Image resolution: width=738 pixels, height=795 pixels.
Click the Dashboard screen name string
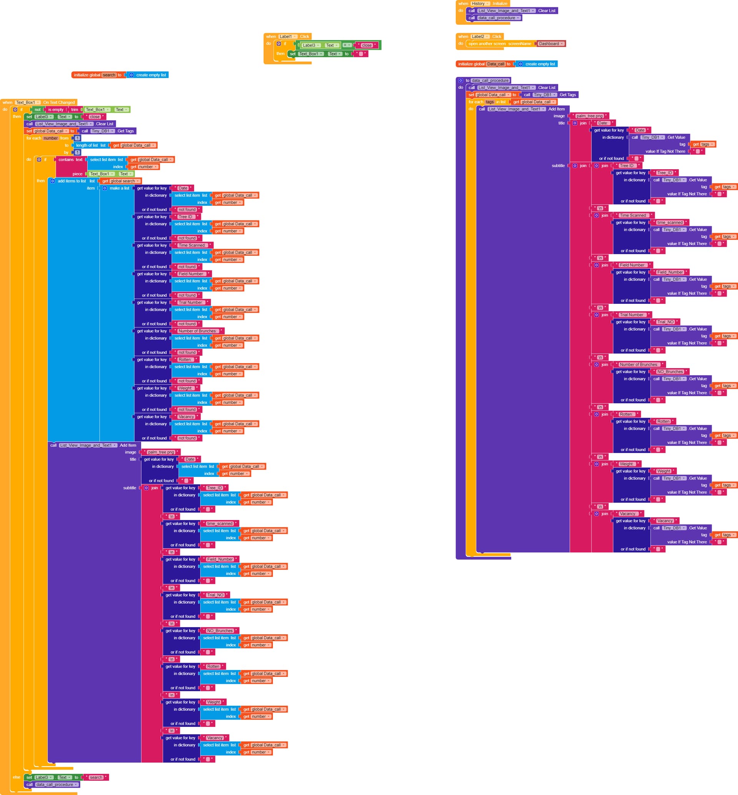pos(550,43)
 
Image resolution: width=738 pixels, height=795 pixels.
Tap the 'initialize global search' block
pos(88,75)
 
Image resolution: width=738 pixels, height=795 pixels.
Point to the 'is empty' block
pos(55,110)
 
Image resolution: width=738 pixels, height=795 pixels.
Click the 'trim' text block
pos(75,110)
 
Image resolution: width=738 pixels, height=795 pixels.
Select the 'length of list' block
pos(88,145)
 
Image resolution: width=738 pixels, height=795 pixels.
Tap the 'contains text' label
pos(70,160)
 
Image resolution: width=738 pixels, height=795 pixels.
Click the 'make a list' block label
pos(120,188)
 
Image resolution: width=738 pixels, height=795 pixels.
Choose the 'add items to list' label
pos(71,181)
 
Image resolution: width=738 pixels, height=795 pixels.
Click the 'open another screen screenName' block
pos(499,43)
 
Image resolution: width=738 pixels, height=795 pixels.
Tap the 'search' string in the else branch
pos(96,777)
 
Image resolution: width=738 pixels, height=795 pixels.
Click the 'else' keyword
pos(17,777)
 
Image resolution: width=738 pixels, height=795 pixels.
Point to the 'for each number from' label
pos(47,138)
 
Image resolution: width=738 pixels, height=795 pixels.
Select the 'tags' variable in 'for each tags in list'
pos(490,102)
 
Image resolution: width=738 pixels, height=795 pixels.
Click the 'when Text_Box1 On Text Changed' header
pos(38,102)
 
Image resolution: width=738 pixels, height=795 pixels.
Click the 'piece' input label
pos(78,174)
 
